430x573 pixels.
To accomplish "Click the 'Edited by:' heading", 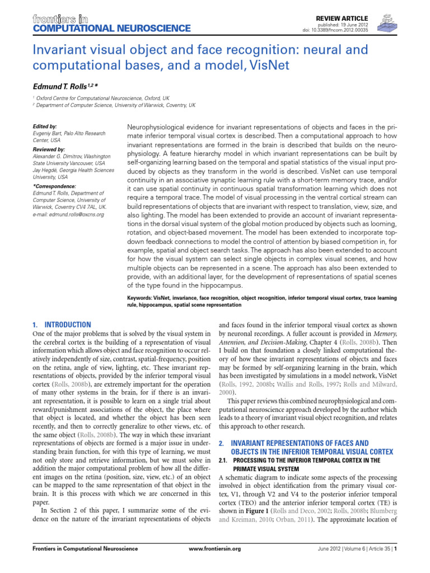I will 45,127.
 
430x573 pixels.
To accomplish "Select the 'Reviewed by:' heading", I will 49,150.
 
